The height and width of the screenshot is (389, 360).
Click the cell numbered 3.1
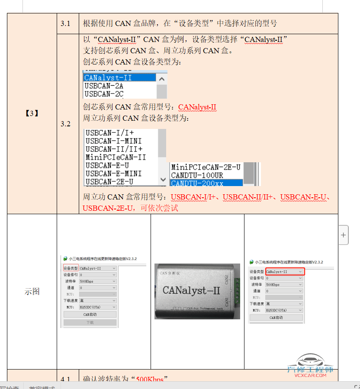click(x=65, y=23)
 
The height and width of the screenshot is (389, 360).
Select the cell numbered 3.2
click(x=65, y=124)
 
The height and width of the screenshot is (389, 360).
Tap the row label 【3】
click(x=32, y=113)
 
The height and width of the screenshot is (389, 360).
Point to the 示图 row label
click(x=32, y=291)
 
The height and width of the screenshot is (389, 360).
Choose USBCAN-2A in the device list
click(x=104, y=86)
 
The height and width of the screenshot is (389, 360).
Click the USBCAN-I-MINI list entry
click(x=113, y=141)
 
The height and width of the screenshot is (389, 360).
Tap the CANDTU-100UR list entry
click(x=197, y=175)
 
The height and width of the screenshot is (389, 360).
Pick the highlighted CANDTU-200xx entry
click(x=197, y=183)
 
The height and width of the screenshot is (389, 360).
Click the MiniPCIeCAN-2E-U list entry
click(x=206, y=167)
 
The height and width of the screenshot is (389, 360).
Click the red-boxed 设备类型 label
click(x=71, y=268)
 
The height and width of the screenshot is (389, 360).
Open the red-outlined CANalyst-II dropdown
click(x=284, y=272)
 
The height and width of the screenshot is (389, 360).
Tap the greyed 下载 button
click(x=90, y=322)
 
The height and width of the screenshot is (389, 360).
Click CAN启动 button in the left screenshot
click(x=90, y=315)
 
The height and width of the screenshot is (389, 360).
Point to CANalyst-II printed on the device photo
click(x=191, y=290)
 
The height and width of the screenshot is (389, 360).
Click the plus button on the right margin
click(x=344, y=235)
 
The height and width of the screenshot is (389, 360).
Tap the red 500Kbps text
click(x=150, y=379)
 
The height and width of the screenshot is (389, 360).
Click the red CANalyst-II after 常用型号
click(x=197, y=107)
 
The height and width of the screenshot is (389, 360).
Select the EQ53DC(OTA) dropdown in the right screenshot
click(x=284, y=310)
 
